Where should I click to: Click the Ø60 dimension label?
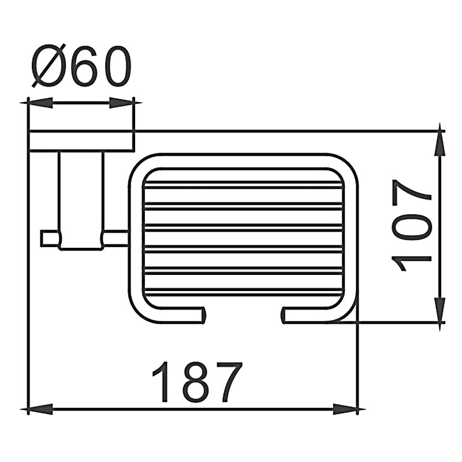point(81,66)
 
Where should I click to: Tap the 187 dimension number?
point(198,382)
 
